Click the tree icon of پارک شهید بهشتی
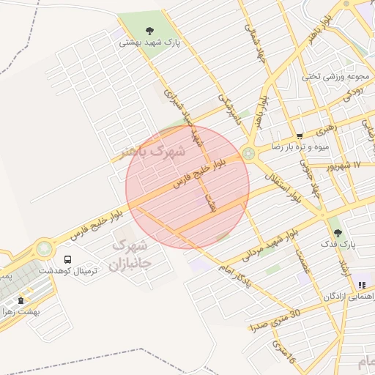[x=150, y=31]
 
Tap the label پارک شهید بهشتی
[x=151, y=43]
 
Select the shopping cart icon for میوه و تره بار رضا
[x=300, y=135]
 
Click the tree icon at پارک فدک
[x=338, y=232]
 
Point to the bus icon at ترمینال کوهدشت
[x=68, y=259]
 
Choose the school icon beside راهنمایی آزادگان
[x=361, y=285]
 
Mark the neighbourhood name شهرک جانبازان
[x=129, y=253]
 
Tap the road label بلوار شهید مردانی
[x=281, y=241]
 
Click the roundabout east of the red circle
[x=250, y=153]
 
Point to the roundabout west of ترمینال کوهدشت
[x=45, y=248]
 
